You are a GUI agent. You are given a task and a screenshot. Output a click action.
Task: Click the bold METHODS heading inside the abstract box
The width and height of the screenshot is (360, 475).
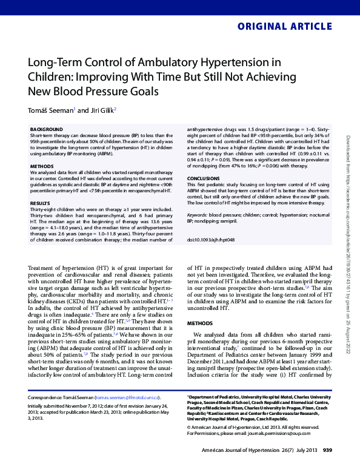click(x=42, y=165)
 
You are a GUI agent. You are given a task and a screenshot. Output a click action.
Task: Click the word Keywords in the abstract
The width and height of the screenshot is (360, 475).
click(x=198, y=215)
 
